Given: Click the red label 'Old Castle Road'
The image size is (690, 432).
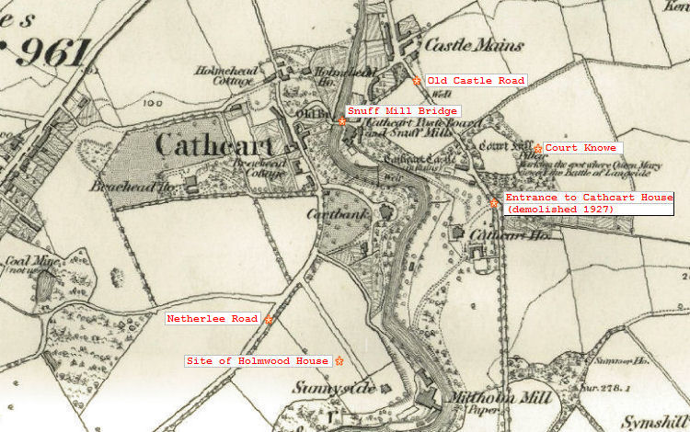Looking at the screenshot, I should point(475,81).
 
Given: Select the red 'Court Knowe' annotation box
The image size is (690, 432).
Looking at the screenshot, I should point(581,148).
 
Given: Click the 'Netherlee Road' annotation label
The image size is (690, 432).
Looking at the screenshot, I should point(212,319).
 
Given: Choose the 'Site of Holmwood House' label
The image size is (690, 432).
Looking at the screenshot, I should point(258,361).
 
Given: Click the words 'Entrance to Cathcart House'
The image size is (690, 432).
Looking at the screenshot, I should point(589,198).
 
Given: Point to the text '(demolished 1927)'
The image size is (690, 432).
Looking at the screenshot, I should point(560,210).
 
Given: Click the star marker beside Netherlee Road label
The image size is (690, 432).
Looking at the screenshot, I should point(269,320).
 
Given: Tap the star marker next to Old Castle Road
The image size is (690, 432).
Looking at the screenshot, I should point(417,81).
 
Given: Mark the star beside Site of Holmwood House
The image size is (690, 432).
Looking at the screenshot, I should point(339,360).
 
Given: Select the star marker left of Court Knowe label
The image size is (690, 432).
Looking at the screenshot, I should point(538,148).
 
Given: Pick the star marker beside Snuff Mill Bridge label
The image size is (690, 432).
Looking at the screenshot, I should point(342,120).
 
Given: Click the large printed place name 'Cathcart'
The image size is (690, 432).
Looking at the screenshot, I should point(214,145).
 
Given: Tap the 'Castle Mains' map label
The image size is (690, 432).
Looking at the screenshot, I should point(474,45).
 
